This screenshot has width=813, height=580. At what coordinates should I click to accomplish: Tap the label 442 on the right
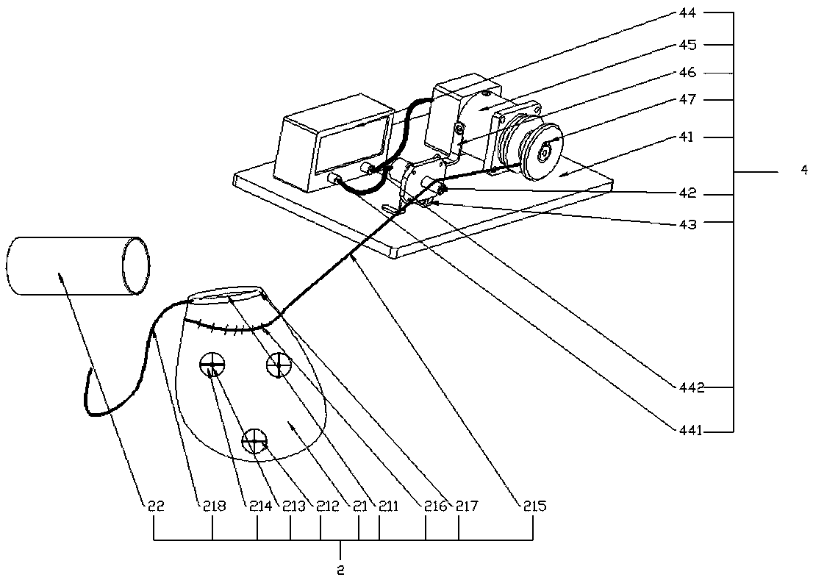[x=691, y=387]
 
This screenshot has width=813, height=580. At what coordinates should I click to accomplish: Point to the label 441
[x=690, y=430]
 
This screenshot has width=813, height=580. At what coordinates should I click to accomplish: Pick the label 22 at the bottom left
[x=155, y=505]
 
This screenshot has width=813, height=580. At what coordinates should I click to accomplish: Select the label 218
[x=213, y=505]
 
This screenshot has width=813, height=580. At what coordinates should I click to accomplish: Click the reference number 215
[x=534, y=505]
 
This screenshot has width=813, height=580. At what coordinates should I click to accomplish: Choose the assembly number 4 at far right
[x=804, y=170]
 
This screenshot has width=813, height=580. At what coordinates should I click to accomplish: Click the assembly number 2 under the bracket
[x=340, y=570]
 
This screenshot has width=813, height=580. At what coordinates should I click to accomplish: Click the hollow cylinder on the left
[x=79, y=266]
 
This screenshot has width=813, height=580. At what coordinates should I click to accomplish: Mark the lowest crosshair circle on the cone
[x=255, y=440]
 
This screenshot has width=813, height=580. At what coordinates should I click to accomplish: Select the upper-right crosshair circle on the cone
[x=279, y=365]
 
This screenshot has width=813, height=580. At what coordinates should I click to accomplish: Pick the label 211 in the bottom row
[x=388, y=505]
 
